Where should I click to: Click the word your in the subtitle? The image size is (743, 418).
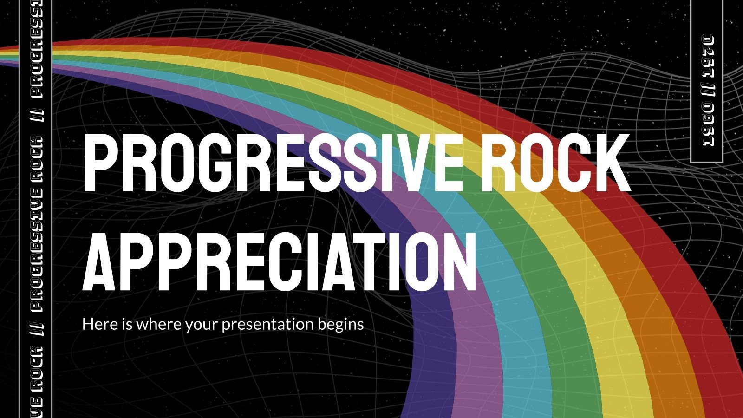[202, 325]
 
